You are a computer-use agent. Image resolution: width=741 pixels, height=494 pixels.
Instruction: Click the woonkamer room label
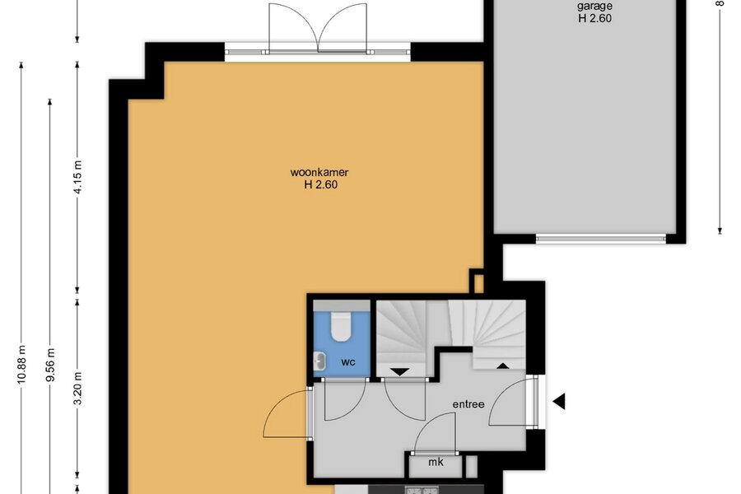coord(319,173)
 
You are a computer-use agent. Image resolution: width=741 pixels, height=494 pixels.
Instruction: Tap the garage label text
coord(594,6)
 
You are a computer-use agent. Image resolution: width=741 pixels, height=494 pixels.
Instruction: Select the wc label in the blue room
coord(347,362)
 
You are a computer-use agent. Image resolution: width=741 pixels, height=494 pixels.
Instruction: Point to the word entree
coord(468,404)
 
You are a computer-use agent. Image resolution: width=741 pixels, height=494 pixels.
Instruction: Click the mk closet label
coord(436,462)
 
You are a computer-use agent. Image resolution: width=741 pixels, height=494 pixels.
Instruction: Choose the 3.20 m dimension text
coord(78,388)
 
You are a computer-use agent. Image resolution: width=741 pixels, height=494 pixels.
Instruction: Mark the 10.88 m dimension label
coord(21,365)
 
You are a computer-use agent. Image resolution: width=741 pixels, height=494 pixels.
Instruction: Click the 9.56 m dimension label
coord(50,365)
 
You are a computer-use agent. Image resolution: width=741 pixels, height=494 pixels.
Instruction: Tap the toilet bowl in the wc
coord(340,327)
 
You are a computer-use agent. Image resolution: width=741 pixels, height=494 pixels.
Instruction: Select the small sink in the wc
coord(320,361)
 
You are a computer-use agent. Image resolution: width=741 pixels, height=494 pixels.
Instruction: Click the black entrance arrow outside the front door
coord(559,401)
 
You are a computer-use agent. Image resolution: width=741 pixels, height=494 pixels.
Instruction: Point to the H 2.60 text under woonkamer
coord(320,184)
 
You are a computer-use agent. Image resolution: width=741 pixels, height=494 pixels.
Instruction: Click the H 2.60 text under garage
coord(594,18)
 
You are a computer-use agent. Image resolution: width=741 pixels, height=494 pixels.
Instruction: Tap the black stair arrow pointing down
coord(400,372)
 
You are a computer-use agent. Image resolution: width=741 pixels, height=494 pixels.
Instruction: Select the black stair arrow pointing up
coord(502,366)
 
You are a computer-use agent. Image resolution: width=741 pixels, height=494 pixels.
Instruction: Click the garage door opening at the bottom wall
coord(601,239)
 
